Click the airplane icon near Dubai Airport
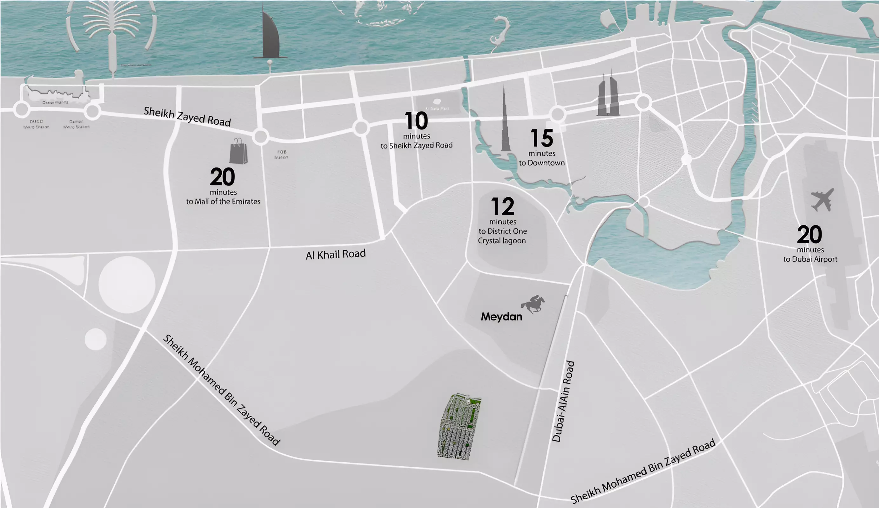(x=822, y=200)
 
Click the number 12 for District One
(x=502, y=207)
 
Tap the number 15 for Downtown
(x=541, y=138)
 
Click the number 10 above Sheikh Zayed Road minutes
(x=416, y=121)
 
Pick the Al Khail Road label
(x=335, y=254)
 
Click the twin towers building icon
(x=607, y=96)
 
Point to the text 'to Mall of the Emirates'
(x=223, y=202)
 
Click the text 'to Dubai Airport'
(x=810, y=259)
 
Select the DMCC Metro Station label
(x=36, y=124)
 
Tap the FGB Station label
(x=281, y=154)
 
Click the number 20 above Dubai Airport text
(x=809, y=235)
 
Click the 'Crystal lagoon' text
(x=501, y=241)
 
